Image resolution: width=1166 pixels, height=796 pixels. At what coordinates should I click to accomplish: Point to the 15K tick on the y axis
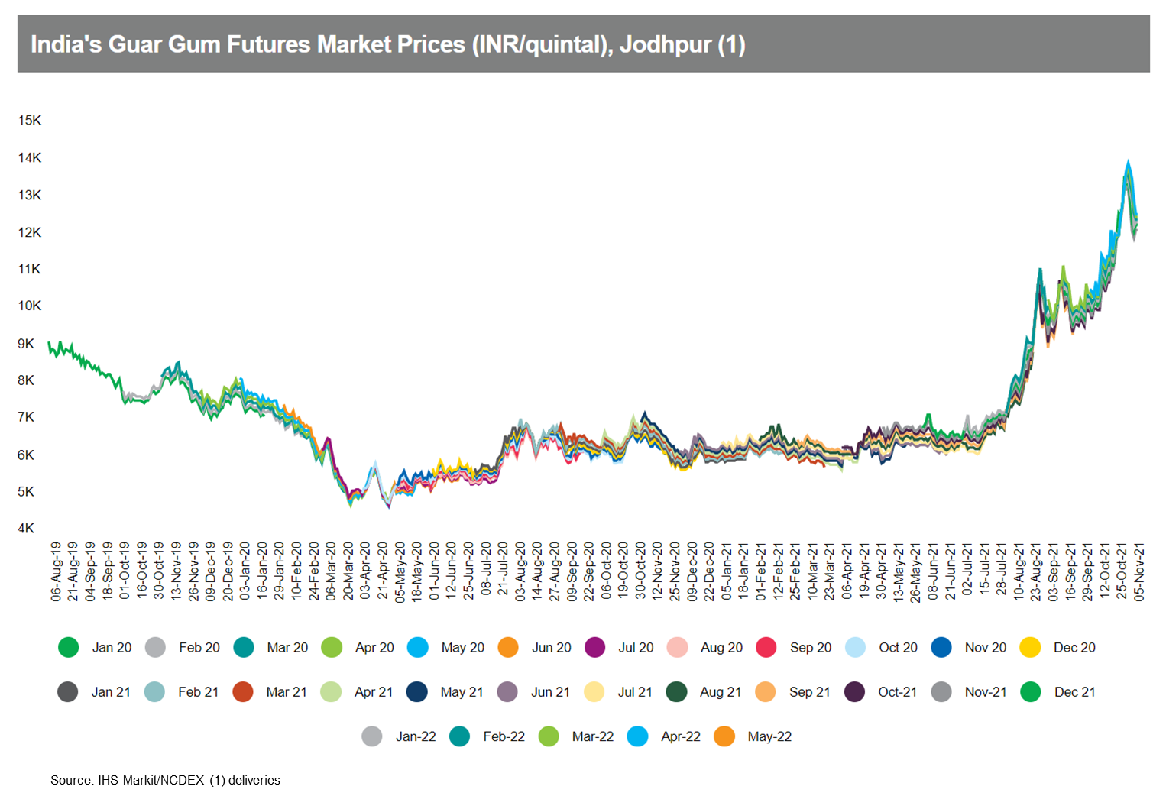click(30, 121)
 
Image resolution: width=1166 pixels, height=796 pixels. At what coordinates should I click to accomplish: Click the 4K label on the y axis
click(26, 529)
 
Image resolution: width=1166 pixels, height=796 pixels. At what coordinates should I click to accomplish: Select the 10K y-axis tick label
click(30, 306)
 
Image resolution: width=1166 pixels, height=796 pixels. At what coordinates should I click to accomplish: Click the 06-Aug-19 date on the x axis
click(57, 571)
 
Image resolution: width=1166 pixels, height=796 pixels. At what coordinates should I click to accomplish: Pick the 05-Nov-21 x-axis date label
click(1139, 571)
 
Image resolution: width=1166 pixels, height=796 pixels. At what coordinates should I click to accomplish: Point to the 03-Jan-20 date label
click(245, 571)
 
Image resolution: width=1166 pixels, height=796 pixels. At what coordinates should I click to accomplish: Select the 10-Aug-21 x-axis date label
click(1019, 571)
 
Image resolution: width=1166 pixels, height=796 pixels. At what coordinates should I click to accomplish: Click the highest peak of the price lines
click(1128, 162)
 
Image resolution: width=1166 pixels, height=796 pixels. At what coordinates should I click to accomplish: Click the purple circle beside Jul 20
click(594, 648)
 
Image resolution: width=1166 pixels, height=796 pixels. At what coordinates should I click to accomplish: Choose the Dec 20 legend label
click(1074, 648)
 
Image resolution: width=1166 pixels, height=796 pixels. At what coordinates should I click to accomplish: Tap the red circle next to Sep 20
click(766, 648)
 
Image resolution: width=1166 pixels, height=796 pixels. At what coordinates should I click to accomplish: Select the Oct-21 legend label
click(897, 692)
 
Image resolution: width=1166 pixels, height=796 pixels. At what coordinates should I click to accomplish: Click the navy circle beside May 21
click(417, 692)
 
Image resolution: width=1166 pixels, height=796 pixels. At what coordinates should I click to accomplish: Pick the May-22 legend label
click(769, 736)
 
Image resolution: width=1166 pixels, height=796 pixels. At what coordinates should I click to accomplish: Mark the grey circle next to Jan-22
click(372, 736)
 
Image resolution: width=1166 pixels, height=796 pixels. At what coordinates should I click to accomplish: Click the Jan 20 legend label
click(112, 648)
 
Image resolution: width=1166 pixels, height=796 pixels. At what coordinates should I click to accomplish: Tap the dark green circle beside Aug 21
click(676, 692)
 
